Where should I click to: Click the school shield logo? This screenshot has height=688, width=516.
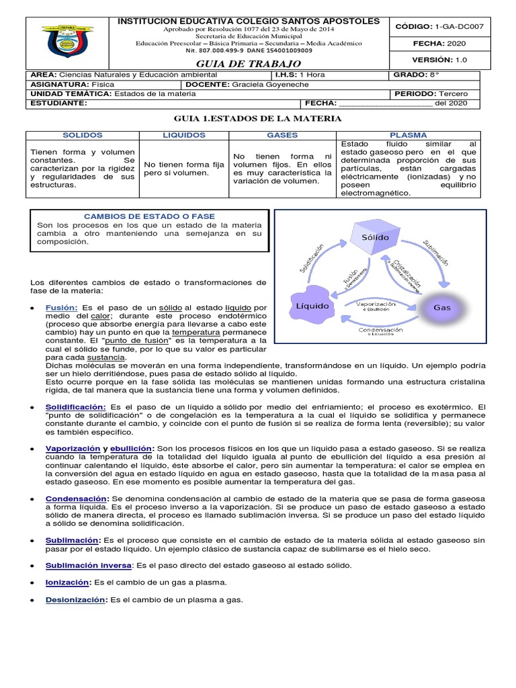[68, 42]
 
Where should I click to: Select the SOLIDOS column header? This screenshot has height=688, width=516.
[81, 135]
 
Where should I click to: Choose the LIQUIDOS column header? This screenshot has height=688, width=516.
[183, 135]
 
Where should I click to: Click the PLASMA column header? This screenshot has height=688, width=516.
[413, 135]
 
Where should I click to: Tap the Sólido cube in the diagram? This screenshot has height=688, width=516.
[374, 238]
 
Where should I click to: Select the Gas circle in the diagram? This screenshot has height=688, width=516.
[441, 307]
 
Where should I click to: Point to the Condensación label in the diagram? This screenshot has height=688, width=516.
[380, 331]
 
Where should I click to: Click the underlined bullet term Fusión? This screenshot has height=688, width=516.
[62, 307]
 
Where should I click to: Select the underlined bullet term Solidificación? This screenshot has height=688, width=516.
[75, 407]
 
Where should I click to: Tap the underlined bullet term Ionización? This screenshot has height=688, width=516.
[67, 582]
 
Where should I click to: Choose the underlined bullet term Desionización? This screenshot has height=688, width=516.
[75, 599]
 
